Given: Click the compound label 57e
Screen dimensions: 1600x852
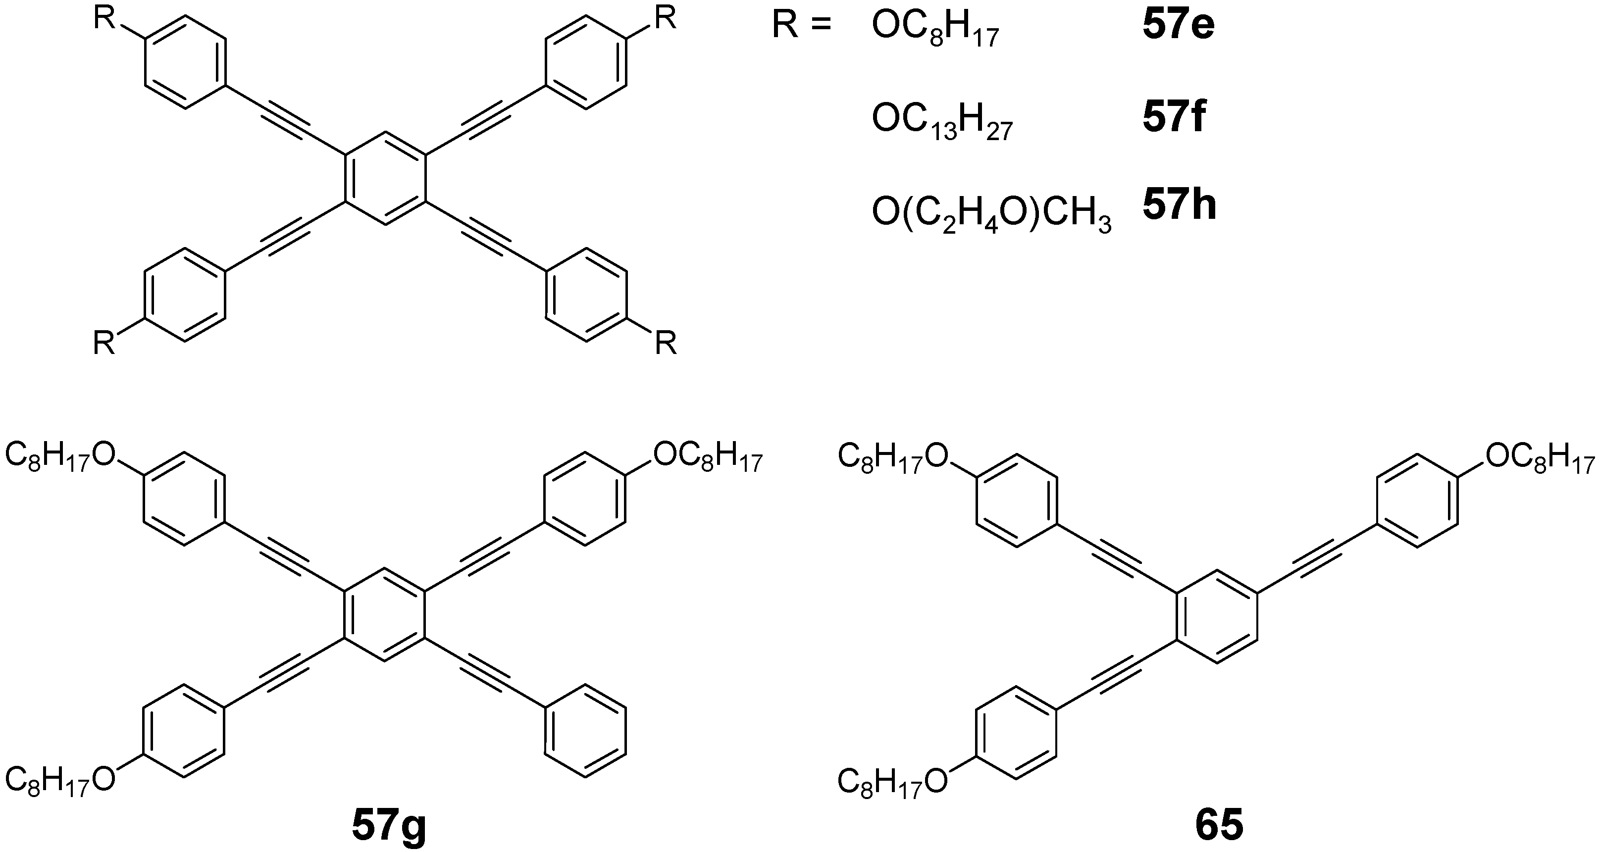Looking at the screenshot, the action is click(x=1178, y=27).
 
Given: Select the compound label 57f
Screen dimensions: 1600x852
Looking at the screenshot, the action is click(x=1174, y=119).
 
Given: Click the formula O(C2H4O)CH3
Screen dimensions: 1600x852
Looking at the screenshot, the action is click(x=991, y=217).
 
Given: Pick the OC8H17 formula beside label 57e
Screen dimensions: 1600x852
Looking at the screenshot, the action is click(x=935, y=32).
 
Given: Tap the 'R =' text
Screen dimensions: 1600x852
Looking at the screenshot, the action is click(x=802, y=28).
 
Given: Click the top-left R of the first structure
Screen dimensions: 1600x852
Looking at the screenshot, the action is click(x=104, y=19).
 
